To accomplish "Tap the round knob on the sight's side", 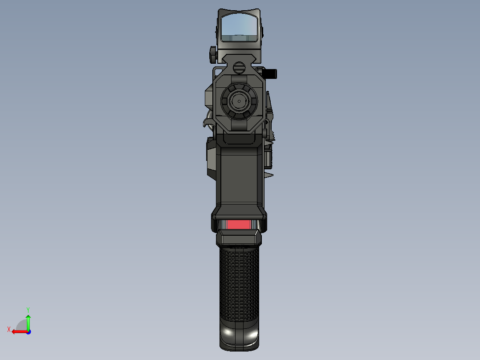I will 212,54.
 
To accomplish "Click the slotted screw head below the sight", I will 239,68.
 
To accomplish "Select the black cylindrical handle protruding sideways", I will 270,73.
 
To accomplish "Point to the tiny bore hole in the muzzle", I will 239,101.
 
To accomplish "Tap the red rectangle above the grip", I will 239,224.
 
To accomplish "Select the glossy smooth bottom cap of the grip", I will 239,336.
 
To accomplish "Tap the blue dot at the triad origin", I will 28,331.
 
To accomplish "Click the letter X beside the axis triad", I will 9,330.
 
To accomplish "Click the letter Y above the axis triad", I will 28,309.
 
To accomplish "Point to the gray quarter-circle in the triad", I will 22,326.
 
